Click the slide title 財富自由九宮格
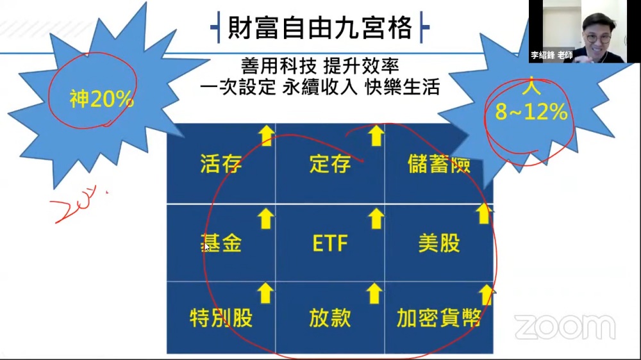coord(320,28)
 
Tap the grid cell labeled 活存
coord(221,164)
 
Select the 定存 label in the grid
coord(329,164)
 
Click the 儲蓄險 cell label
coord(439,164)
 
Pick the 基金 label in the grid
coord(221,243)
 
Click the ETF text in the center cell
coord(330,243)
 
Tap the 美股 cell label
coord(439,243)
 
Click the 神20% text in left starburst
coord(101,100)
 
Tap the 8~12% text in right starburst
coord(531,113)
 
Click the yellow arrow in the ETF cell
coord(376,218)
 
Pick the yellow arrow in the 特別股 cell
coord(265,293)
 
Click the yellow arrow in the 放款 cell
coord(376,293)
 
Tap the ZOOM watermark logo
coord(565,327)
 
